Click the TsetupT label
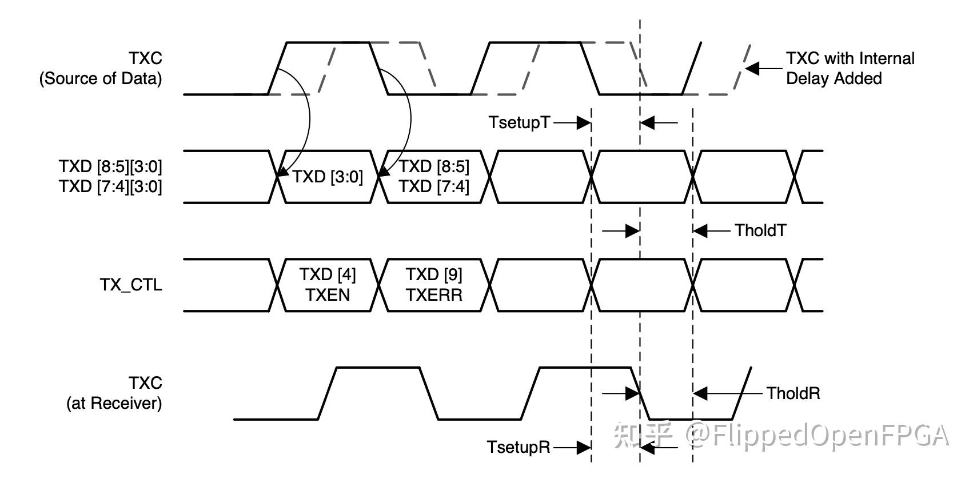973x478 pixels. click(519, 122)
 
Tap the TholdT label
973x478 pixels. click(760, 230)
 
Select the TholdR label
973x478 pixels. click(793, 393)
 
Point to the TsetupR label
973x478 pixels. click(519, 447)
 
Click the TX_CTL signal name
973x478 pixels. click(131, 285)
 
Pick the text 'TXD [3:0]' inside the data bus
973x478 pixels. click(328, 177)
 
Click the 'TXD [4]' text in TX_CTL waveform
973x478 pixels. click(328, 275)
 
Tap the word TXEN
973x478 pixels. click(328, 295)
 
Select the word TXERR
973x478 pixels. click(434, 295)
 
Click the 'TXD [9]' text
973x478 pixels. click(434, 275)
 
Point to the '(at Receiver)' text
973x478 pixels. click(114, 404)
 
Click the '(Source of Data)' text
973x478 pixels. click(101, 78)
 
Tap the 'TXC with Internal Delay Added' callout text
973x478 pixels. click(850, 68)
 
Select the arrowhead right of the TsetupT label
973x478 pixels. click(584, 122)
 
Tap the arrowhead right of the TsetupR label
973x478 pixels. click(584, 447)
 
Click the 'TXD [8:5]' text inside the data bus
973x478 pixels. click(434, 166)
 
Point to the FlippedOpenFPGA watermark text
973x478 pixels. click(818, 436)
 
